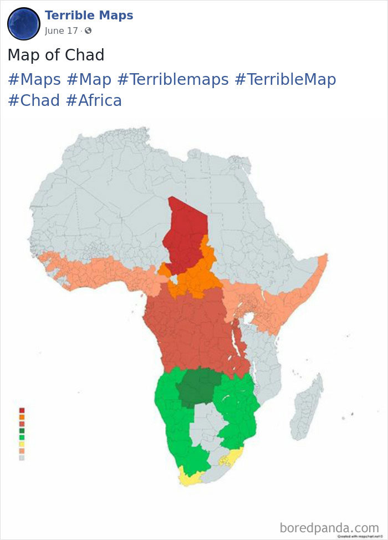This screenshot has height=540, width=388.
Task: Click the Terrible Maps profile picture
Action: [x=23, y=24]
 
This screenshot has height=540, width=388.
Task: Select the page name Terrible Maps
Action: [x=89, y=16]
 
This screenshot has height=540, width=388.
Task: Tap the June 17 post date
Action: [x=62, y=31]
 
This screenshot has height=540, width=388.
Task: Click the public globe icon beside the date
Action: [x=88, y=31]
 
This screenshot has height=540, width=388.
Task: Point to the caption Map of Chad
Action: [x=55, y=55]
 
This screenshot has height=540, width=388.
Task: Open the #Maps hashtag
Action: [x=34, y=80]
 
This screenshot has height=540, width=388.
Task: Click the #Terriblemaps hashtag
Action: [x=172, y=80]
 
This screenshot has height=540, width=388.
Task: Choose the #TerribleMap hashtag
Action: [x=285, y=80]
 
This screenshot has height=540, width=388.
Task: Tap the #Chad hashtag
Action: [x=33, y=100]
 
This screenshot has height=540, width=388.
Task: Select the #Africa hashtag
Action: [x=93, y=100]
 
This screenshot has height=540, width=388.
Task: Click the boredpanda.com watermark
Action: [x=329, y=527]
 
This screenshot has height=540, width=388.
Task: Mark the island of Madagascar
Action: [x=308, y=407]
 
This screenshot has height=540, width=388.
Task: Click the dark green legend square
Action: [x=22, y=431]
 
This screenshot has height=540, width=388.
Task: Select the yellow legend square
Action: [x=22, y=444]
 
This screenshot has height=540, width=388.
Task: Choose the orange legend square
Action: [x=22, y=417]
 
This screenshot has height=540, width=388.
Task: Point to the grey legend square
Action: [x=22, y=458]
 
